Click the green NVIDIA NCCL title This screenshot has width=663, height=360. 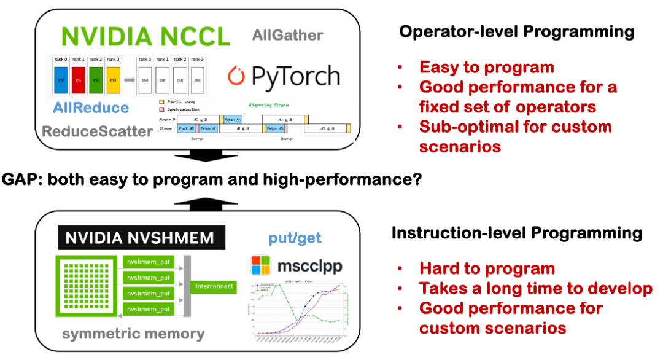coord(145,36)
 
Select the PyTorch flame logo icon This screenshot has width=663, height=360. coord(236,76)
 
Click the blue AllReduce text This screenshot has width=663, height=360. coord(90,108)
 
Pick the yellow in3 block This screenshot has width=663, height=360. coord(113,80)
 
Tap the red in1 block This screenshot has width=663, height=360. coord(79,80)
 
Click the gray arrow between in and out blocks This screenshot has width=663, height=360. coord(131,80)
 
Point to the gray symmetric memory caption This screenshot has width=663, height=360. coord(133,334)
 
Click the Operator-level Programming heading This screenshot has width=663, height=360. coord(517,33)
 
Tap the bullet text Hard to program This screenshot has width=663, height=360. coord(487,268)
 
